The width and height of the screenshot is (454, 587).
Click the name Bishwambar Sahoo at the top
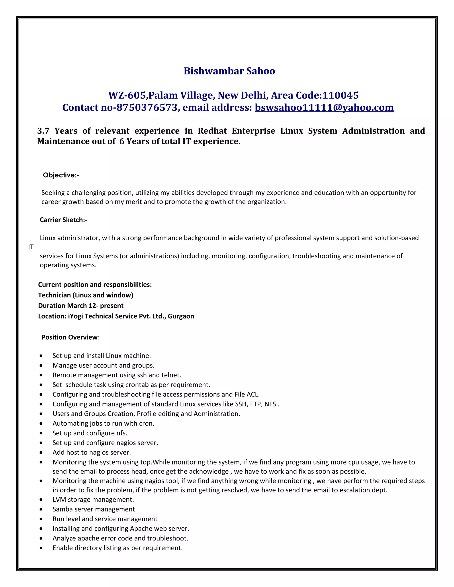[229, 71]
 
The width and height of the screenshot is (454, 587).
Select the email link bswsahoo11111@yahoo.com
[324, 107]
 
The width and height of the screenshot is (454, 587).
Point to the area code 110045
[340, 95]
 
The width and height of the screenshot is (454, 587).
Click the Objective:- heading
[61, 175]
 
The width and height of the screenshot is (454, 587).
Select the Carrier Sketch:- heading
[63, 220]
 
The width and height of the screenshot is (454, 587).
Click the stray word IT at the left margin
[31, 247]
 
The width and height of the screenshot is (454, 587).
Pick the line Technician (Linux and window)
[86, 295]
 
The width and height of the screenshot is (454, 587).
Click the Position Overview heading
[69, 337]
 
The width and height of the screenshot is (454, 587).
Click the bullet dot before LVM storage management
[41, 500]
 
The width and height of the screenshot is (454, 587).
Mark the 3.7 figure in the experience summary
[43, 131]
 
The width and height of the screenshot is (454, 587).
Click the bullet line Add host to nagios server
[92, 453]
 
